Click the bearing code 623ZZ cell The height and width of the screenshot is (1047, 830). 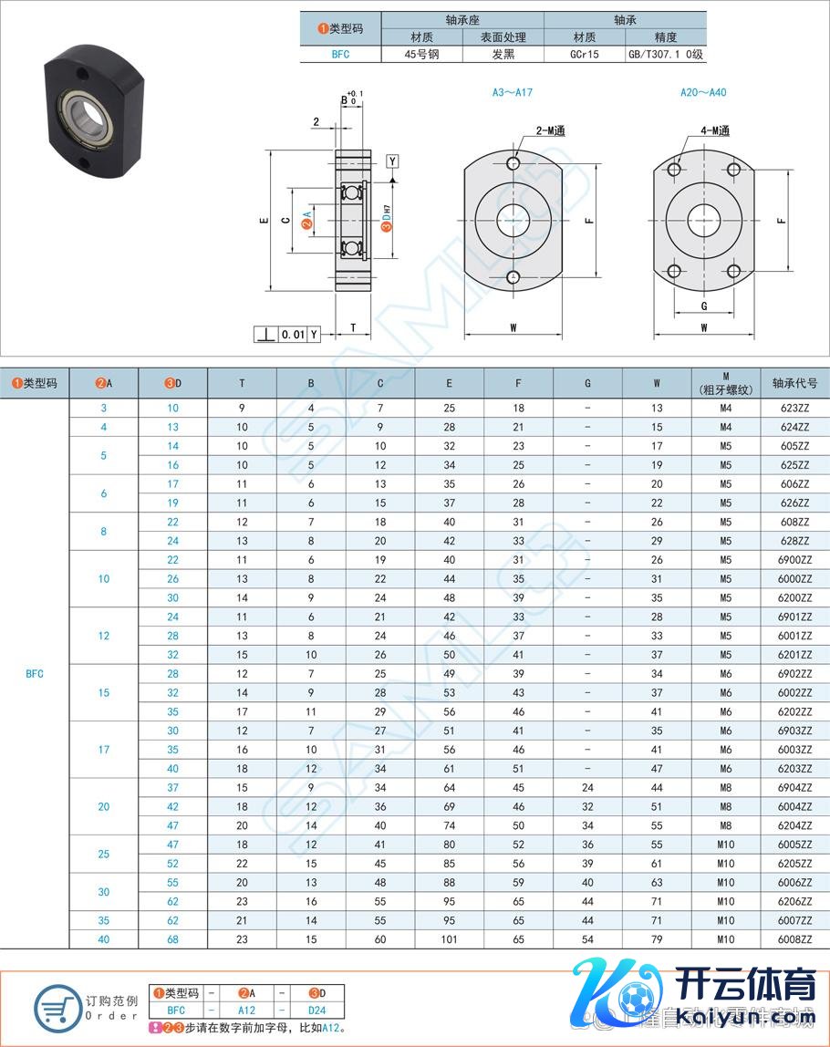tap(794, 408)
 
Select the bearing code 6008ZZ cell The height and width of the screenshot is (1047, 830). tap(794, 939)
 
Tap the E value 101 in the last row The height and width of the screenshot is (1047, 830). tap(449, 939)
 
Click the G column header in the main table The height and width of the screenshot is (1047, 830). tap(587, 383)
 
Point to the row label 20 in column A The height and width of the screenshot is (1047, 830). tap(103, 806)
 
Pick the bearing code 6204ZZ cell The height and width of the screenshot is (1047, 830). tap(794, 826)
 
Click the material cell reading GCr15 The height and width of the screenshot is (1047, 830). tap(585, 55)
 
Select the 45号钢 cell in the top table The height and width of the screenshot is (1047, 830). tap(422, 55)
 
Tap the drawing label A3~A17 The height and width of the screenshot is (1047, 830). tap(513, 93)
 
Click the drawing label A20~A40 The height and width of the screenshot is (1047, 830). tap(703, 93)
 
